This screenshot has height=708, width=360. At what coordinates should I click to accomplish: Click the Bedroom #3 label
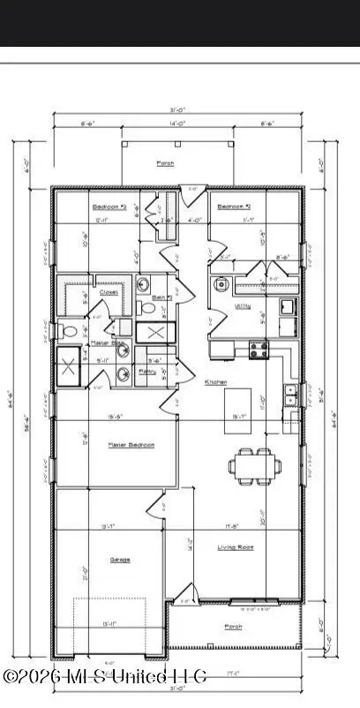coord(105,207)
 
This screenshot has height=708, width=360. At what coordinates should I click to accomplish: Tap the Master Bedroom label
coord(131,445)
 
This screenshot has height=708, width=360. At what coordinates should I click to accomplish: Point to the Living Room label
coord(236,547)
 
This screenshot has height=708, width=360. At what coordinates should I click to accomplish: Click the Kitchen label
coord(216,382)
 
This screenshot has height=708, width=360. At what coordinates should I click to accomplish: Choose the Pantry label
coord(147,373)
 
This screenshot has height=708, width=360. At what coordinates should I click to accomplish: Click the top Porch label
coord(165,163)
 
